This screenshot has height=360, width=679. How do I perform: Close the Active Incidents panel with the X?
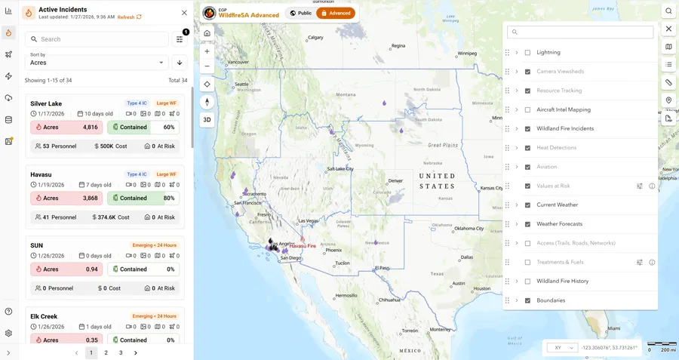click(x=184, y=13)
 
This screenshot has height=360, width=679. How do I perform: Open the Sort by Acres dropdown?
click(x=97, y=63)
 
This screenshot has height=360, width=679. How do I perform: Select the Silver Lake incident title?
click(x=46, y=103)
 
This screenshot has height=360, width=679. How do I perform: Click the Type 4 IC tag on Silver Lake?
click(x=137, y=103)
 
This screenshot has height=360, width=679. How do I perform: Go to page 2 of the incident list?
click(x=106, y=352)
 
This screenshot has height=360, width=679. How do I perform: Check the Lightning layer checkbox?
click(x=527, y=53)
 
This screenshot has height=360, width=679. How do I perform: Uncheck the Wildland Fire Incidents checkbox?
click(x=527, y=129)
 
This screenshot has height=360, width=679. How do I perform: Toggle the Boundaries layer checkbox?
click(x=527, y=300)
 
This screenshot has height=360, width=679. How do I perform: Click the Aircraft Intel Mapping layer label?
click(x=564, y=109)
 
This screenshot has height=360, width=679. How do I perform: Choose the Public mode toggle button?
click(x=300, y=13)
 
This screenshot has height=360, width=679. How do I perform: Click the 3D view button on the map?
click(x=207, y=120)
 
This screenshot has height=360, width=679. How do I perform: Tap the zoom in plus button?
click(x=207, y=51)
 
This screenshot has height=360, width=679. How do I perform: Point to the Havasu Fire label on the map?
click(x=303, y=246)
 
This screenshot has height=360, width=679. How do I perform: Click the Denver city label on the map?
click(x=395, y=180)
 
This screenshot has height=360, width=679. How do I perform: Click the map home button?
click(x=207, y=33)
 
